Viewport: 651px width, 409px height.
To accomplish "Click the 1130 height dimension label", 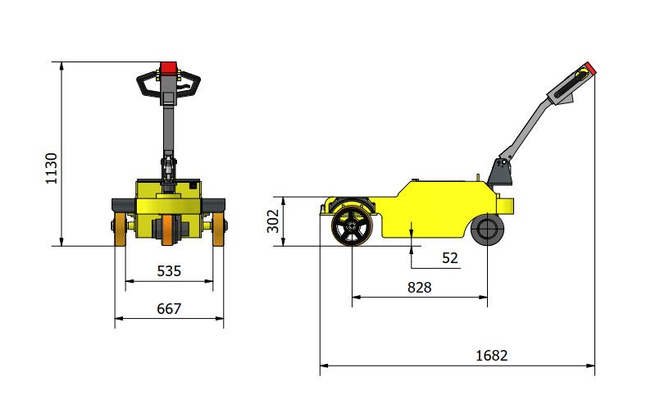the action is click(51, 168).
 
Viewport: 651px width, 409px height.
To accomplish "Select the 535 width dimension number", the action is click(169, 271).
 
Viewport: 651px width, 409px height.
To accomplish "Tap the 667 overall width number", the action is click(169, 308).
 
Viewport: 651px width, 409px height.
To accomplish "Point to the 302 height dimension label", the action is click(272, 221).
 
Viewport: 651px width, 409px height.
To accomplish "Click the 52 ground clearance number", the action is click(450, 258).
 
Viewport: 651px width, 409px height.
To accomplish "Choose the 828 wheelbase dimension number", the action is click(419, 288).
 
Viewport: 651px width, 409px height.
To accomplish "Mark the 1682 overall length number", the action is click(492, 356).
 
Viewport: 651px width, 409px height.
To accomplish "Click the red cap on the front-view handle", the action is click(169, 68).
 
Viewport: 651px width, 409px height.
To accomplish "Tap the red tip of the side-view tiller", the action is click(590, 68).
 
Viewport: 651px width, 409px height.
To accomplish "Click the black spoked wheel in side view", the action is click(352, 225).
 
